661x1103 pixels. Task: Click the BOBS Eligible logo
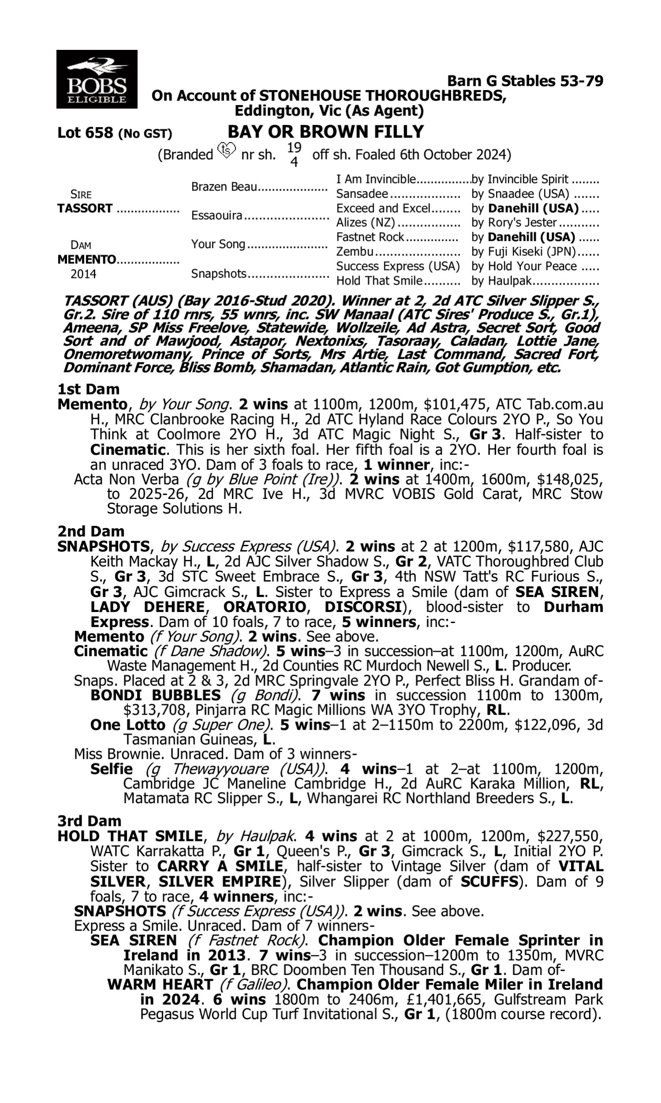[x=97, y=79]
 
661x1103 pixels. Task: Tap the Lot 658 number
[x=85, y=133]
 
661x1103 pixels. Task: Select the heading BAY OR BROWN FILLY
[x=326, y=132]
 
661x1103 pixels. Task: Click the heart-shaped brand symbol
[x=227, y=150]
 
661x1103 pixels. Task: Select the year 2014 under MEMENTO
[x=83, y=274]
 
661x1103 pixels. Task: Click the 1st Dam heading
[x=89, y=389]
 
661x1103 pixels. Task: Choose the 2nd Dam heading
[x=91, y=531]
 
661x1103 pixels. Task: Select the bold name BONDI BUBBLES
[x=156, y=695]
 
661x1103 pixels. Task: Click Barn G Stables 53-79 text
[x=525, y=81]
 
